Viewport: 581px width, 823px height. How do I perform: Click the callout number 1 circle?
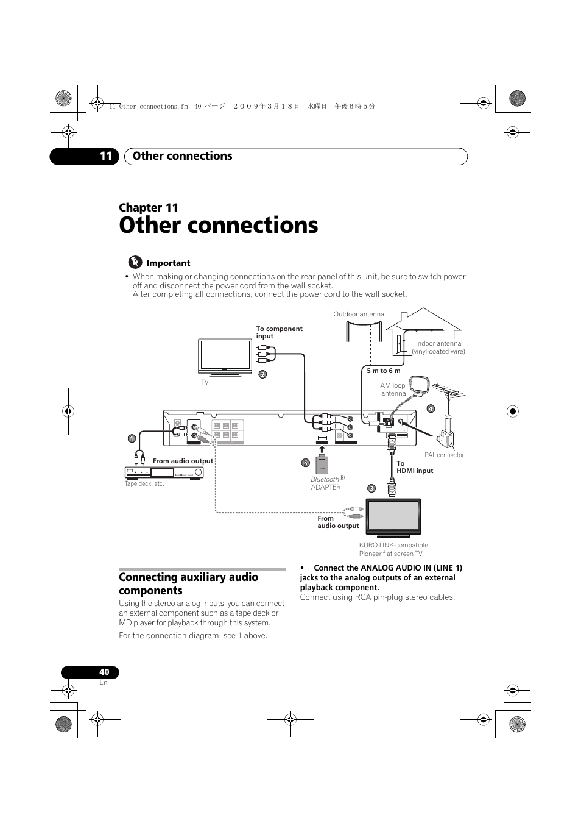point(131,438)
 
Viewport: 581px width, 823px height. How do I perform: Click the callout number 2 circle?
point(262,374)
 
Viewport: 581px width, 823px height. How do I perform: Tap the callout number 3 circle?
point(371,488)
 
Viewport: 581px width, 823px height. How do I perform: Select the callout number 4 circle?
point(430,408)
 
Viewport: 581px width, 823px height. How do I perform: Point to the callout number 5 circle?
point(306,463)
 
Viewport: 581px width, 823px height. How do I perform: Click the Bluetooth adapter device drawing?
point(322,465)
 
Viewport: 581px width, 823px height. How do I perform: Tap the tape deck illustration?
point(164,473)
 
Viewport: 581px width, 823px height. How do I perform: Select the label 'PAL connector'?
point(444,455)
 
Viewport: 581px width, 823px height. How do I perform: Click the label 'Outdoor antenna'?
point(359,315)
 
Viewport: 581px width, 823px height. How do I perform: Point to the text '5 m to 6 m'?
point(384,371)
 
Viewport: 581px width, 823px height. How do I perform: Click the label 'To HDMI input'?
point(414,467)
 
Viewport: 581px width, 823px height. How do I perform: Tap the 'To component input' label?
point(279,332)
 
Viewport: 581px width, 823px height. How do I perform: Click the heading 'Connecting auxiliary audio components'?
point(188,583)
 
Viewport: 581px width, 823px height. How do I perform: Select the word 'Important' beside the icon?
point(168,263)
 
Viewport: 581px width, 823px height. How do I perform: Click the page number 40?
point(104,672)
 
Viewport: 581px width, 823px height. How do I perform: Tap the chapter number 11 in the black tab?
point(106,156)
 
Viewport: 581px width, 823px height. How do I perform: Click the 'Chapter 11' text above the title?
point(148,207)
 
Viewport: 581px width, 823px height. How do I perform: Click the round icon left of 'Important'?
point(135,263)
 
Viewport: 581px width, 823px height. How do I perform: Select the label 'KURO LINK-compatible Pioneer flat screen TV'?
point(393,549)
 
